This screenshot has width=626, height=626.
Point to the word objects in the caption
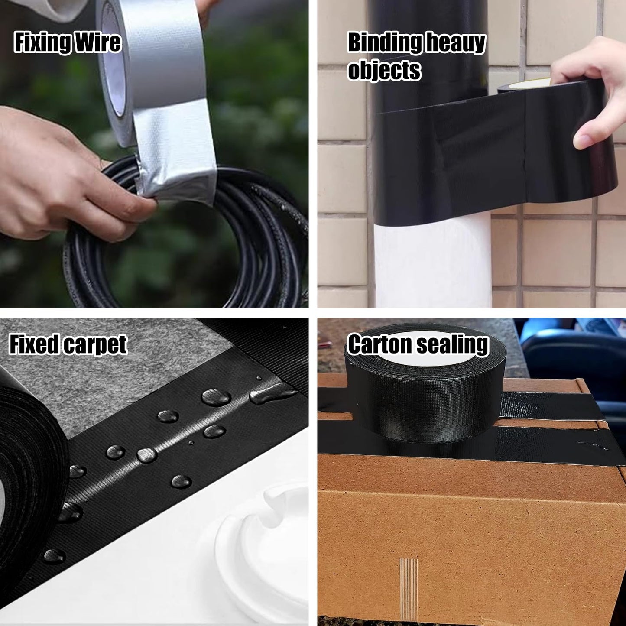point(384,70)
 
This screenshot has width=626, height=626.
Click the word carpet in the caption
point(95,345)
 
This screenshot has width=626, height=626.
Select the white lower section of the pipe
point(433,264)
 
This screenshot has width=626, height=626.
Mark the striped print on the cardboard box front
point(409,587)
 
